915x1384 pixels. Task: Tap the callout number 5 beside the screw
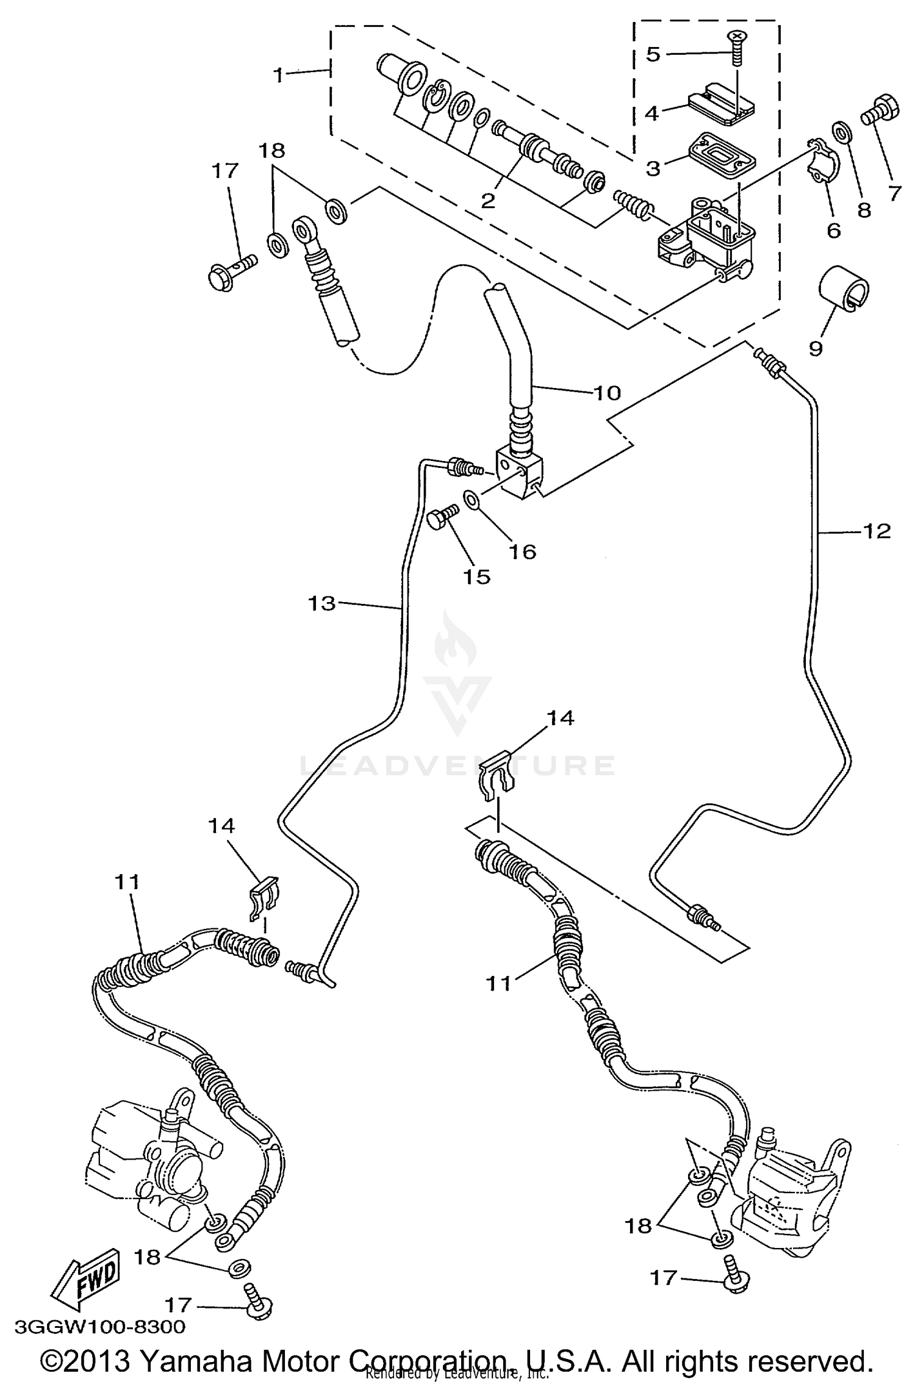click(653, 54)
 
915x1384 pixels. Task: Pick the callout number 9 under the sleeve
click(816, 348)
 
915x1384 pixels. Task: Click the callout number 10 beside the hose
click(606, 392)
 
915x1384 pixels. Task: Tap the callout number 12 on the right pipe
click(877, 531)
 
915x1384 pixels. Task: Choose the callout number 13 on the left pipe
click(321, 603)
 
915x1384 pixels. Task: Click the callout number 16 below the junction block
click(522, 551)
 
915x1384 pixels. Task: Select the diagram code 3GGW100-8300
click(99, 1327)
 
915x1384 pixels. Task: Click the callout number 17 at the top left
click(225, 170)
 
